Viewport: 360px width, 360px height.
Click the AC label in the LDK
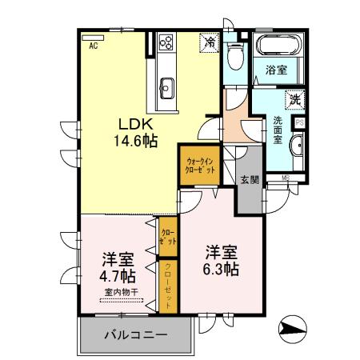[94, 47]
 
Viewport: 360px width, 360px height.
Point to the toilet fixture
[234, 55]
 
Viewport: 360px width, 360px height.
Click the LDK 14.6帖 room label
[138, 133]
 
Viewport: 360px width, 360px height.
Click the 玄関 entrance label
[249, 179]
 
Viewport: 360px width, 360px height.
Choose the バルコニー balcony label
[136, 334]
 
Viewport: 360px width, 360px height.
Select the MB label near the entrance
[286, 176]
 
